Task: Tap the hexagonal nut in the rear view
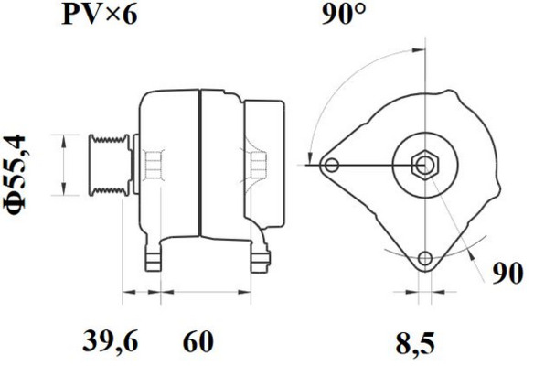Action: click(425, 166)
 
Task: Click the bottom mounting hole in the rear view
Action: click(425, 259)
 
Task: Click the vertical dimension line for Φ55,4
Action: click(63, 166)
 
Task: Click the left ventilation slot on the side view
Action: click(153, 167)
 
